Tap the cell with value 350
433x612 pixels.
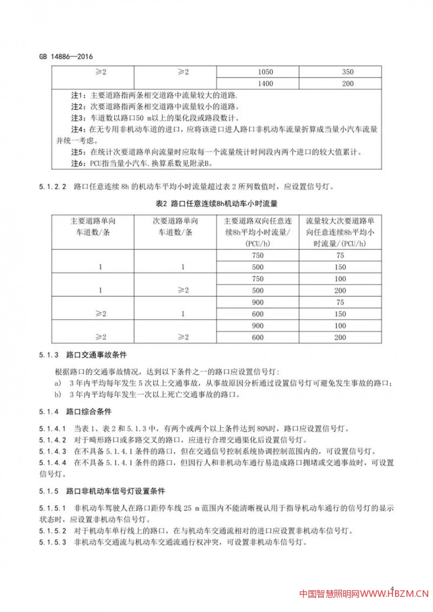tap(348, 72)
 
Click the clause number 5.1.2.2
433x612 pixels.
tap(53, 188)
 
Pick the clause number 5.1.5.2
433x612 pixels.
tap(53, 530)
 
